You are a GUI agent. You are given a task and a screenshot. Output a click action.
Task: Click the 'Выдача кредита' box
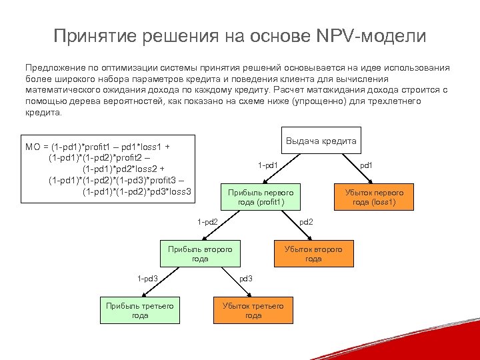pyautogui.click(x=321, y=141)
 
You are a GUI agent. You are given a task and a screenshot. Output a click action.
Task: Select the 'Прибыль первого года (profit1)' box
pyautogui.click(x=261, y=197)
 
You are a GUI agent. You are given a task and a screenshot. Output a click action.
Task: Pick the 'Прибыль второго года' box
pyautogui.click(x=200, y=253)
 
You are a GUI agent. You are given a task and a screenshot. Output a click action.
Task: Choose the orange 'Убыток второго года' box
pyautogui.click(x=313, y=253)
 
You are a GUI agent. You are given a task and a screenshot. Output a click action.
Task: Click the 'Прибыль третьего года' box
pyautogui.click(x=140, y=310)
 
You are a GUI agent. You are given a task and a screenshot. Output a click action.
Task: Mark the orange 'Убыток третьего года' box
pyautogui.click(x=253, y=310)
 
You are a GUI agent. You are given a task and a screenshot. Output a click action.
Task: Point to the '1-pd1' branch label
pyautogui.click(x=268, y=165)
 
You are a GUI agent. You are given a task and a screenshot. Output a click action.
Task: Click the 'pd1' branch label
pyautogui.click(x=367, y=165)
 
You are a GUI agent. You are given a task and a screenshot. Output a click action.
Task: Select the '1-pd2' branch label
pyautogui.click(x=207, y=221)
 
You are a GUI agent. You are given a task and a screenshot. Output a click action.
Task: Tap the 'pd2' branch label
pyautogui.click(x=306, y=221)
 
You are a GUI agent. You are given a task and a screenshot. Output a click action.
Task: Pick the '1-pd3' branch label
pyautogui.click(x=147, y=278)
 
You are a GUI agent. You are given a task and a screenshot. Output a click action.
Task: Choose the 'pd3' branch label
pyautogui.click(x=245, y=278)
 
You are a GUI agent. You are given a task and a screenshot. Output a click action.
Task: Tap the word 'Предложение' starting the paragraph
pyautogui.click(x=53, y=68)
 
